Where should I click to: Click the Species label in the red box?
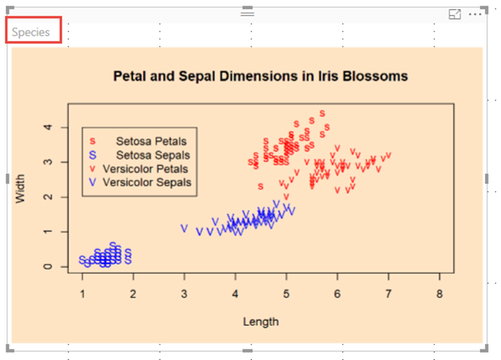[31, 32]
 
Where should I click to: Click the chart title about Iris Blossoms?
[260, 76]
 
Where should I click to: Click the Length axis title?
[261, 322]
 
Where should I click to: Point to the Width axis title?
[20, 188]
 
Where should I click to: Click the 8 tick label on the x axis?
[440, 294]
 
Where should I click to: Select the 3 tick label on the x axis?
[184, 294]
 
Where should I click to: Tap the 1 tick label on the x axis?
[82, 294]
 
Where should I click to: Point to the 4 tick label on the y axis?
[47, 127]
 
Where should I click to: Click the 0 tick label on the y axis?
[47, 267]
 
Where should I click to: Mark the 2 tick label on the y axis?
[47, 197]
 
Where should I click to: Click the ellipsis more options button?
[475, 14]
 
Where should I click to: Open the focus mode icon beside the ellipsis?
[455, 14]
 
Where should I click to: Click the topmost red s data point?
[322, 113]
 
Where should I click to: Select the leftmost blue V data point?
[184, 228]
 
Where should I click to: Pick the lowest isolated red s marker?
[261, 186]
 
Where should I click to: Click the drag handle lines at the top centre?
[248, 14]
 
